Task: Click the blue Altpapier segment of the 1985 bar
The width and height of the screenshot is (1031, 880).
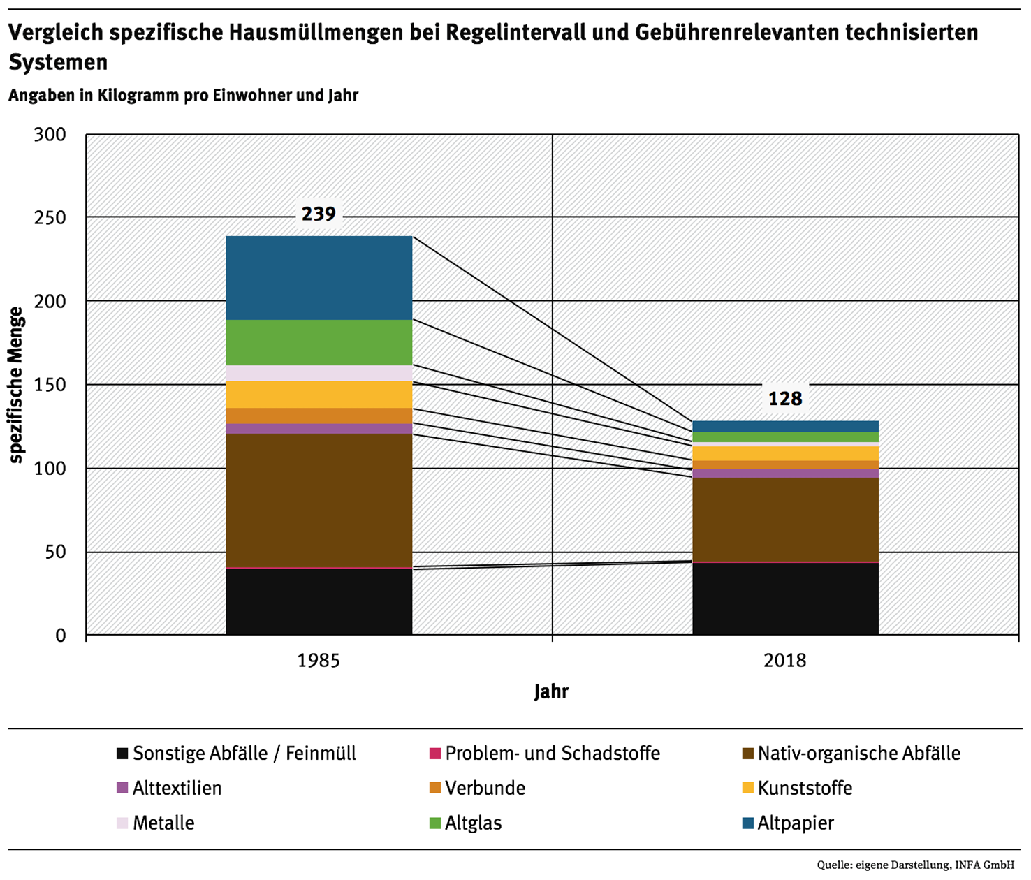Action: click(319, 278)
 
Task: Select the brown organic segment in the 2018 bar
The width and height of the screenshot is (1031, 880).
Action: click(785, 520)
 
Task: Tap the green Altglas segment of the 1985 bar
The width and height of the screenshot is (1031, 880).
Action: click(319, 342)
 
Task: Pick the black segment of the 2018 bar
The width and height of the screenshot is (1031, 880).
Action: click(785, 599)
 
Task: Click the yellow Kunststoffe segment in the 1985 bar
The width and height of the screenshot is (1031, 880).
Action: click(319, 395)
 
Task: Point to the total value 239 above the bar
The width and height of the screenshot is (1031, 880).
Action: click(319, 214)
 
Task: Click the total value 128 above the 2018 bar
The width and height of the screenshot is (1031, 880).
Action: click(785, 399)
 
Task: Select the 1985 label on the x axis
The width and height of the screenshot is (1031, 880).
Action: click(319, 661)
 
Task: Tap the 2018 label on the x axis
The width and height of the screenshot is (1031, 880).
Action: click(785, 661)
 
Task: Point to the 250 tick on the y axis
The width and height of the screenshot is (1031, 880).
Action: click(50, 218)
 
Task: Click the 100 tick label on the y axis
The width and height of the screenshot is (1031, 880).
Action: click(50, 469)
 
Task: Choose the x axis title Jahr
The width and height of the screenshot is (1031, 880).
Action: click(551, 691)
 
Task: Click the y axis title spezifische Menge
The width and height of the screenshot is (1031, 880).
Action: click(17, 385)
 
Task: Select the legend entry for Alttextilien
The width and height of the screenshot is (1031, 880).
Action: click(177, 789)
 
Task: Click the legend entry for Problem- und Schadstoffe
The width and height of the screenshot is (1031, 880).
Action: click(552, 754)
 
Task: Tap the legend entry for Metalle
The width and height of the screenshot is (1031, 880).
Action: click(163, 823)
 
